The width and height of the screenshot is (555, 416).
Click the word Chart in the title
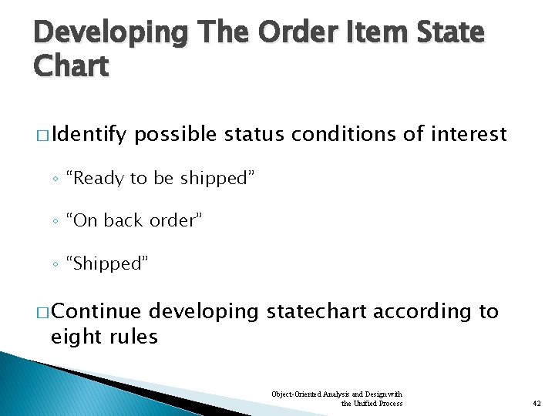[71, 66]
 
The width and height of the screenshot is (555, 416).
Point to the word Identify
[89, 135]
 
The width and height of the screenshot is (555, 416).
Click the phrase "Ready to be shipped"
[160, 179]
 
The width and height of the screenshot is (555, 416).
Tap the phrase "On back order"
[134, 221]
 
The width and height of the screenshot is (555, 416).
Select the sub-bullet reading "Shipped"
[107, 263]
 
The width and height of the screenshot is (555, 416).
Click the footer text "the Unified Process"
[372, 403]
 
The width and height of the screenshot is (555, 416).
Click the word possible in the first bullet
[177, 135]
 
